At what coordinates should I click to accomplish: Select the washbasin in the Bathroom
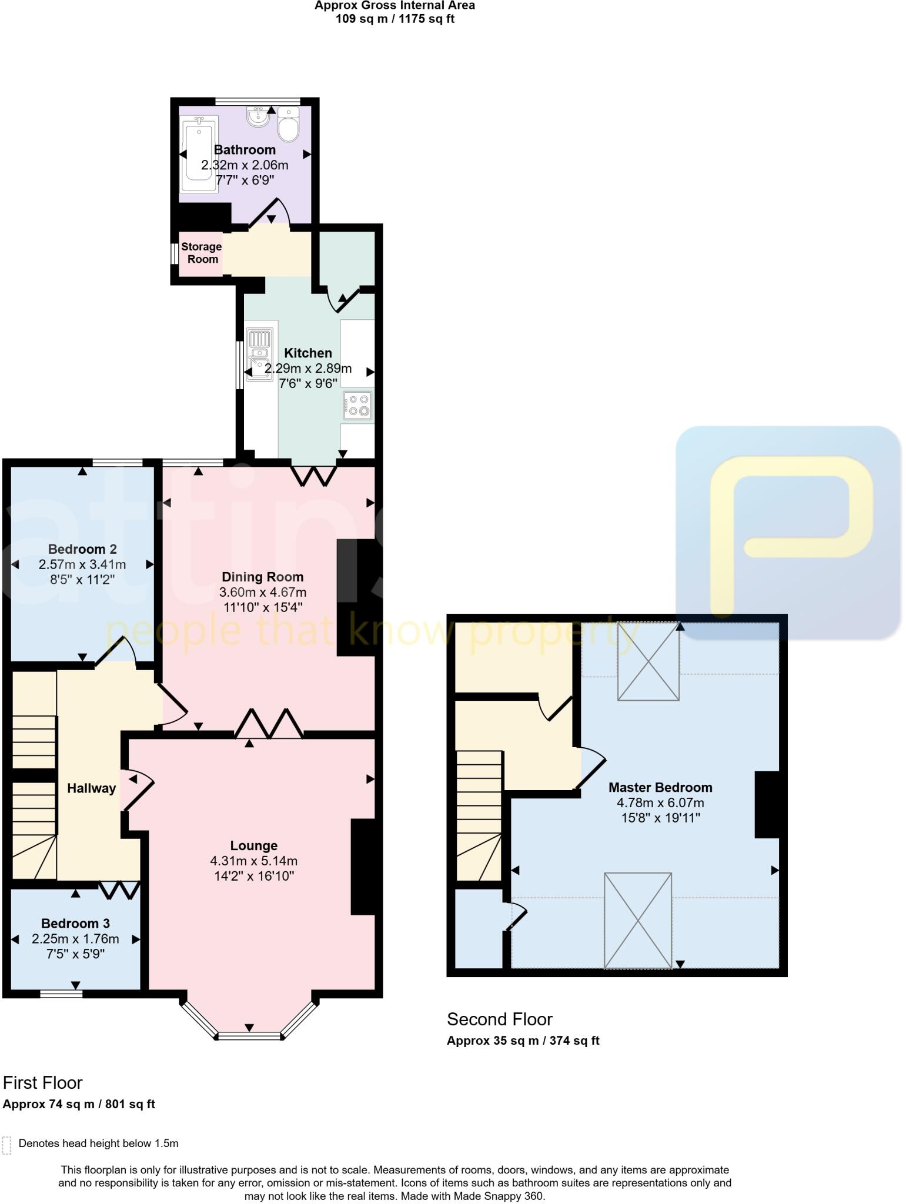pos(258,117)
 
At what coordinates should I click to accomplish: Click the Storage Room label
pos(202,253)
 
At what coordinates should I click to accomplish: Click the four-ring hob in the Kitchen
pos(357,406)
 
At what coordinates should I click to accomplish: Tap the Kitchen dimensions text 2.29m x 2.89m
pos(308,369)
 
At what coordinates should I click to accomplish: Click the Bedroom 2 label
pos(82,549)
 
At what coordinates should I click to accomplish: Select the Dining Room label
pos(263,577)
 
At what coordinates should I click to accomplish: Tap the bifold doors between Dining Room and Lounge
pos(269,724)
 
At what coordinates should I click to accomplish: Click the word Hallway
pos(91,788)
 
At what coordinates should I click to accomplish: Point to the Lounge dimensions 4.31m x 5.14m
pos(254,861)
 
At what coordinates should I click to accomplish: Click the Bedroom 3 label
pos(75,923)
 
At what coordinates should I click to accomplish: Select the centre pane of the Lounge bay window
pos(249,1036)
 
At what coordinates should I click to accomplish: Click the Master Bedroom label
pos(660,787)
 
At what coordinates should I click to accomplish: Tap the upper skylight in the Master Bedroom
pos(648,661)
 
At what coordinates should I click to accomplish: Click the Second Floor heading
pos(500,1019)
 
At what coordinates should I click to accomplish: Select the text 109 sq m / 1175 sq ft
pos(395,19)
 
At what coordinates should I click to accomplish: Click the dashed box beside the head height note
pos(7,1146)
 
